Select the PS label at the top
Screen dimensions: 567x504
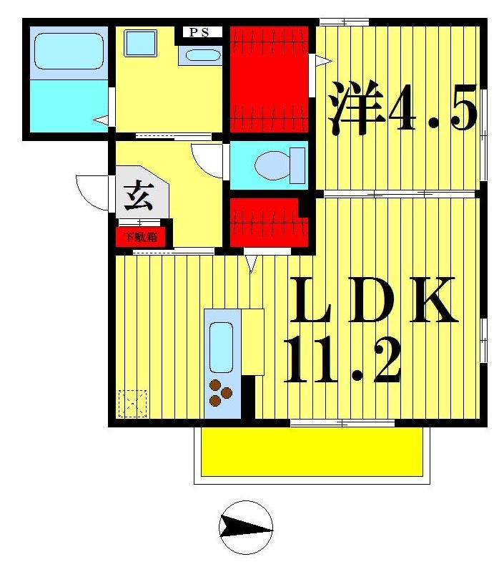pos(199,31)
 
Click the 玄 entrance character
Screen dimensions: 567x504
pos(139,195)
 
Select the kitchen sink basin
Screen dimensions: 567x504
pos(222,346)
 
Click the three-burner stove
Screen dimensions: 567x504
pos(221,392)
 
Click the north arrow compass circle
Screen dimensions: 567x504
pos(246,528)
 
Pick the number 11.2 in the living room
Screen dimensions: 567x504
pos(342,359)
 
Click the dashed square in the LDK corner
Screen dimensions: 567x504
pos(132,403)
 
